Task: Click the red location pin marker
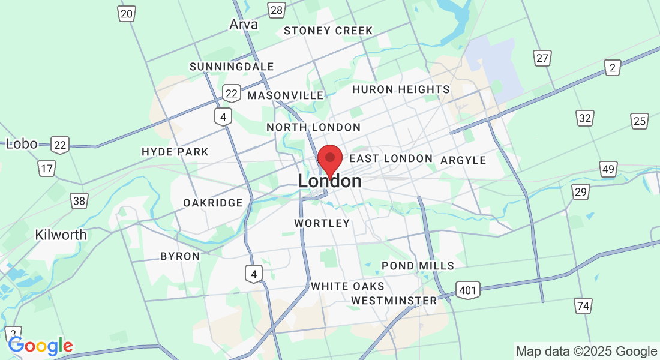point(329,159)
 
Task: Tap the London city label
point(329,181)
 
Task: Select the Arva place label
point(244,25)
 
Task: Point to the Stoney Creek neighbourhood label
point(328,31)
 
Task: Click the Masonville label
point(285,95)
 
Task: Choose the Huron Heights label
point(401,89)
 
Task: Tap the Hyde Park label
point(175,152)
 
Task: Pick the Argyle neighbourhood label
point(463,160)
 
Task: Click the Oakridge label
point(213,203)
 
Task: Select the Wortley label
point(322,223)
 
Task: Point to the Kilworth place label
point(61,235)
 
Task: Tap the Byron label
point(180,256)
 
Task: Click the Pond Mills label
point(418,266)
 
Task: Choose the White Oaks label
point(347,286)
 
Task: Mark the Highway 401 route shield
point(467,291)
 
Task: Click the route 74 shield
point(583,306)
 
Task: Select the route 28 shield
point(277,10)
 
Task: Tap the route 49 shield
point(608,169)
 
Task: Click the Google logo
point(40,346)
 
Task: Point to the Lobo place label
point(22,144)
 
